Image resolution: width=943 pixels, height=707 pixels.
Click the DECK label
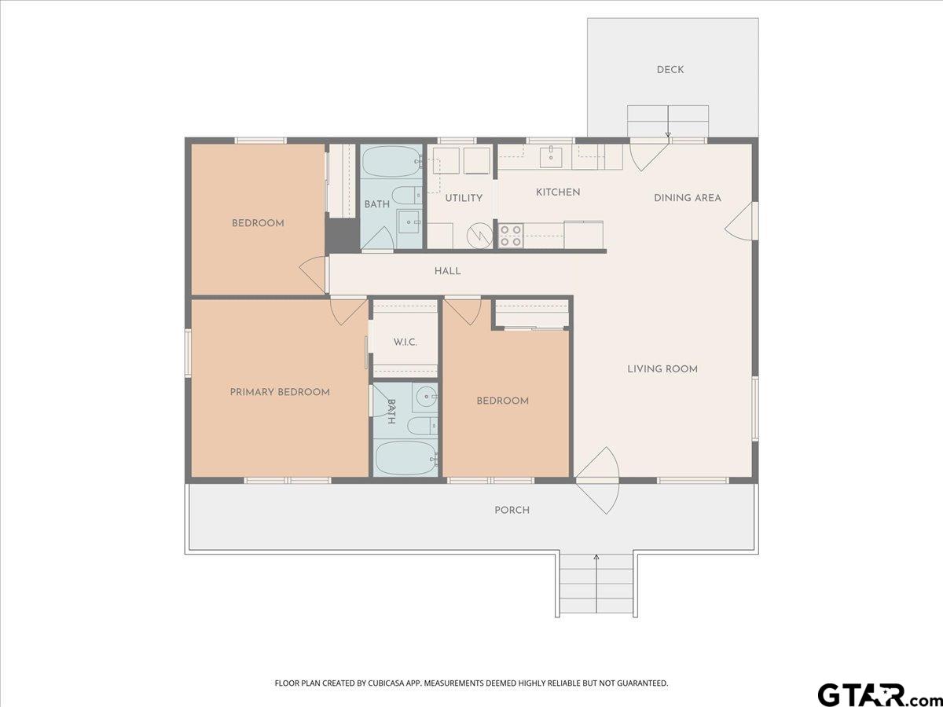(x=670, y=70)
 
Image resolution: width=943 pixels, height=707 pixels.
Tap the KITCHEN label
(x=558, y=192)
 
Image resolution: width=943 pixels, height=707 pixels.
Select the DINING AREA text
(x=688, y=198)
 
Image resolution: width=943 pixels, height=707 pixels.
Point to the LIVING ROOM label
(x=662, y=368)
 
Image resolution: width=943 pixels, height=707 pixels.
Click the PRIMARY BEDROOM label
(x=280, y=392)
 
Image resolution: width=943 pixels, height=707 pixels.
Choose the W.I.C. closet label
(x=405, y=343)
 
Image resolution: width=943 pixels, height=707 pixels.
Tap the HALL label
(x=448, y=271)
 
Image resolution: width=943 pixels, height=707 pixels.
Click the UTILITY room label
(x=464, y=198)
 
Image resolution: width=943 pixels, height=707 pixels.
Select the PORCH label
(x=512, y=510)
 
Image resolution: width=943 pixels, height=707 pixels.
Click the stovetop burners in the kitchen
(x=511, y=236)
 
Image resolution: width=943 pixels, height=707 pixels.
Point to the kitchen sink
(x=551, y=157)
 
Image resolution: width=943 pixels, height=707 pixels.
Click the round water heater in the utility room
(x=480, y=236)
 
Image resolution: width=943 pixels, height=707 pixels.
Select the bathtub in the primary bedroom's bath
(x=406, y=459)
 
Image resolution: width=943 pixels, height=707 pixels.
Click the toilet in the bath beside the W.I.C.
(x=422, y=426)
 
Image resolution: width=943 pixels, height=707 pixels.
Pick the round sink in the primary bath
(x=425, y=397)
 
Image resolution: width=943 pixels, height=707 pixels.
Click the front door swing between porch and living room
(x=597, y=480)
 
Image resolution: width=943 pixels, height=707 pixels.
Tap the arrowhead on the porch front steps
(x=596, y=557)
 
